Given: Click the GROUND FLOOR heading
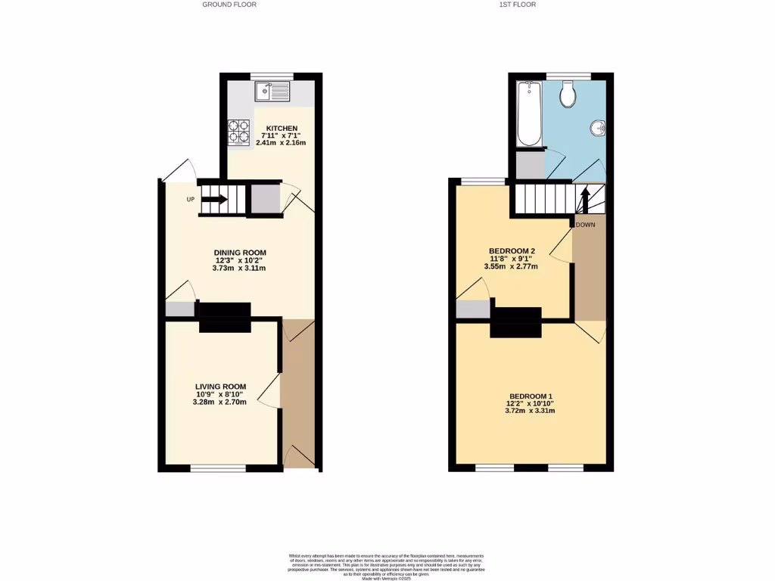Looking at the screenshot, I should point(229,5).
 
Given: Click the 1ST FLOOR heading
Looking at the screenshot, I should point(518,5).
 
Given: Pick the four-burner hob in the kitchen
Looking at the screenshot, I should point(238,132).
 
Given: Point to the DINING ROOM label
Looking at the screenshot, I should point(240,253).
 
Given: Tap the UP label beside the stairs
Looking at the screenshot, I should point(191,200).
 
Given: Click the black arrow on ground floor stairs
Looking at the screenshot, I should point(214,200).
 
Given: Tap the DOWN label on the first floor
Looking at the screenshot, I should point(585,225).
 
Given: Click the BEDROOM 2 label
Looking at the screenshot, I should point(512,251).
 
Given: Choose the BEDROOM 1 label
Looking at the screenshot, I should point(531,396).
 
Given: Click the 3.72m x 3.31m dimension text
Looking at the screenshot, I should point(531,411).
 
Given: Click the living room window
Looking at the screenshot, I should point(218,469).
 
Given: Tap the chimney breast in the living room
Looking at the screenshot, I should point(225,318).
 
